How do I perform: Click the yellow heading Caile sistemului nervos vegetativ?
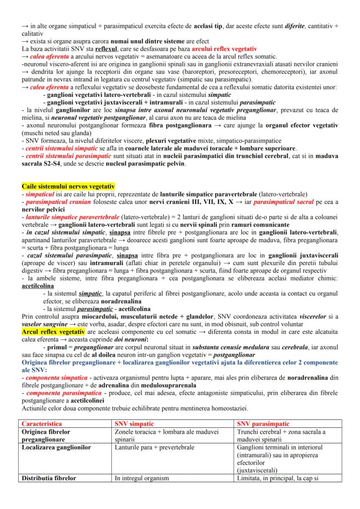point(68,186)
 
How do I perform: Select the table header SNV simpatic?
point(134,423)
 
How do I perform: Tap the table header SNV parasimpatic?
point(263,423)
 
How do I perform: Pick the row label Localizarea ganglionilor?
point(56,447)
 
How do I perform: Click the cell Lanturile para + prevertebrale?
point(154,447)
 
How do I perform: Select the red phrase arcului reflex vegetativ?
point(224,49)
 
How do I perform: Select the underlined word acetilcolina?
point(38,286)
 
